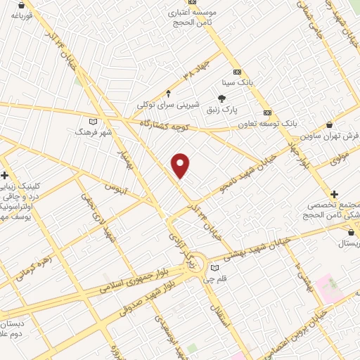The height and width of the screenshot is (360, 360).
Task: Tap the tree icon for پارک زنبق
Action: click(222, 98)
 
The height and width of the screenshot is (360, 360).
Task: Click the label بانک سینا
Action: click(255, 82)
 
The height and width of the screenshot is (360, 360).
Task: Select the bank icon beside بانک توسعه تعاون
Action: click(267, 112)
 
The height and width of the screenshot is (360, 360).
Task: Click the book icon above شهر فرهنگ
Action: click(94, 120)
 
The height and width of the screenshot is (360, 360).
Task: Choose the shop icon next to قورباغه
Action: click(6, 5)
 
